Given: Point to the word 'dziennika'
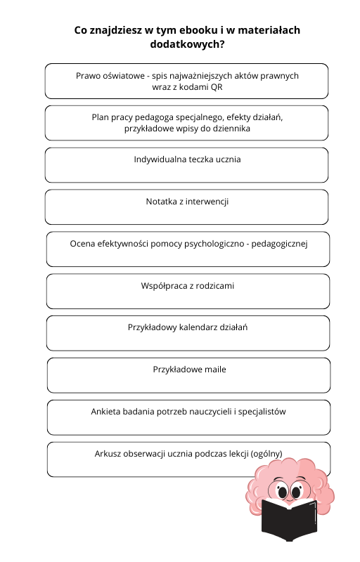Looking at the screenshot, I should point(231,129).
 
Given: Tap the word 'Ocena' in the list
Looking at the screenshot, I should point(83,244).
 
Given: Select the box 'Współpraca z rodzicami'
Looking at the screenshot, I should point(188,292).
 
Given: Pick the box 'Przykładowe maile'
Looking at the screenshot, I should point(188,375).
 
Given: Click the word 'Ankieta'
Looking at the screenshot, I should point(107,412).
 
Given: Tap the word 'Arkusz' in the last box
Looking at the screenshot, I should point(108,454).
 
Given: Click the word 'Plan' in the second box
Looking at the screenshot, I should point(101,117).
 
